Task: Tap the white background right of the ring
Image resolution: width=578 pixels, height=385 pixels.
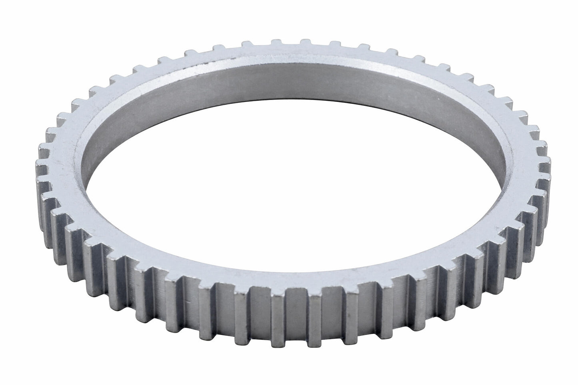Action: pyautogui.click(x=564, y=192)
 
